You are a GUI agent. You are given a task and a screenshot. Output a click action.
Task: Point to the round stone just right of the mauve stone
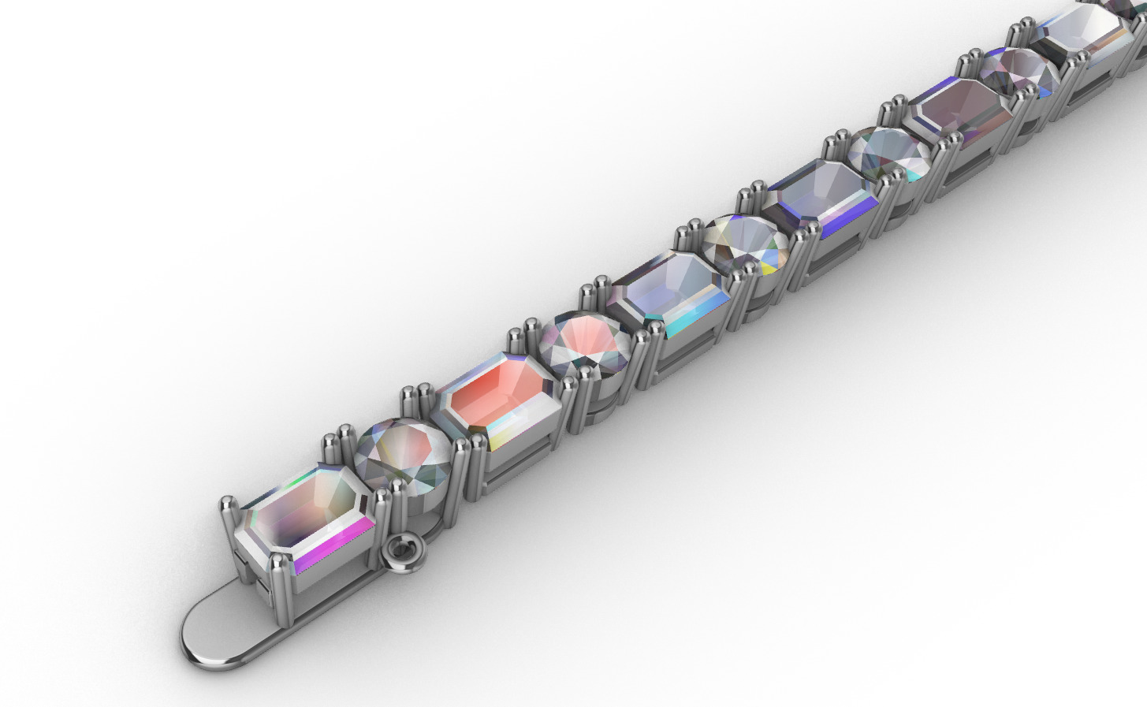[1019, 73]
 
